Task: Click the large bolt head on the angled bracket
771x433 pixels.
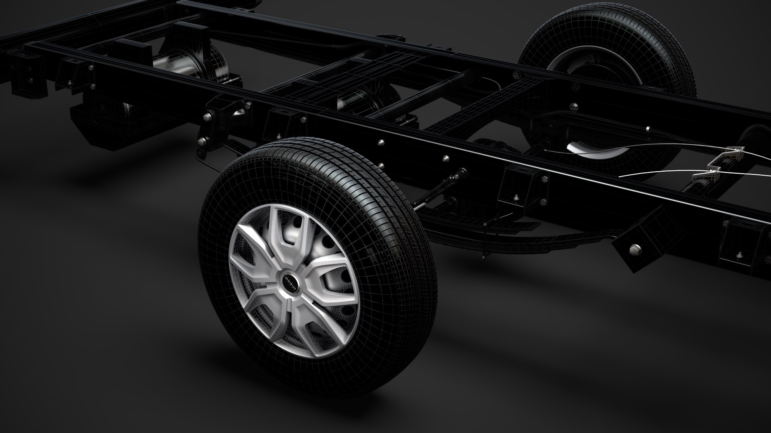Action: coord(634,249)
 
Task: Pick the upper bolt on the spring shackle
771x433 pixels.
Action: coord(208,117)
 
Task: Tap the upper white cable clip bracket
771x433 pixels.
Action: coord(733,152)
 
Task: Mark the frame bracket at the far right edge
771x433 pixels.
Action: coord(743,245)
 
